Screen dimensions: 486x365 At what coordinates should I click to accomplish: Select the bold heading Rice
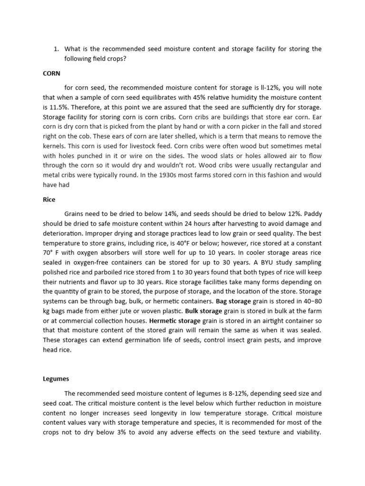(49, 200)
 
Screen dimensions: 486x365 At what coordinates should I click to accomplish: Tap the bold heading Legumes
(56, 379)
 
